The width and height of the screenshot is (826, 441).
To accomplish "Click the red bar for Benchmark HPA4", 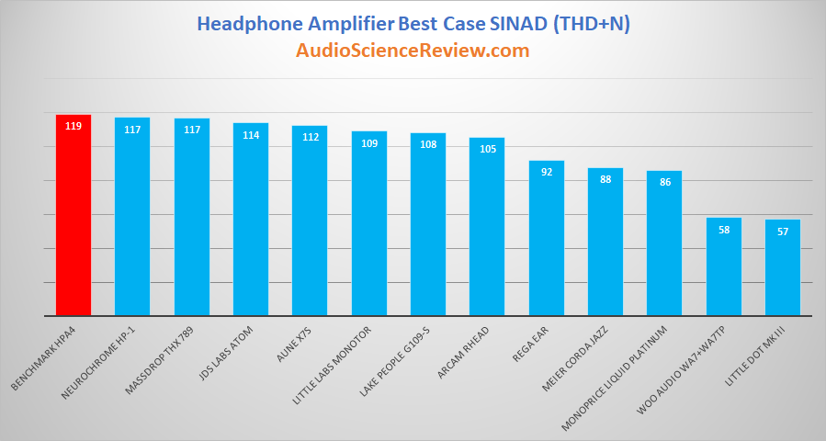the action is [x=74, y=215].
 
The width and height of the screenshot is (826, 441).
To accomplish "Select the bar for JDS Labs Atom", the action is [x=251, y=220].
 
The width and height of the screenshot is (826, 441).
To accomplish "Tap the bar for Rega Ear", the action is [x=547, y=238].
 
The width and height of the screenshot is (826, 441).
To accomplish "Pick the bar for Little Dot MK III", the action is [x=783, y=267].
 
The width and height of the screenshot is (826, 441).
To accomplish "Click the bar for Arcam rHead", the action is [x=487, y=227].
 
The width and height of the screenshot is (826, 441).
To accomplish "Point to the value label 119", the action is [x=74, y=127].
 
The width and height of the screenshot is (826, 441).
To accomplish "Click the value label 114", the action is [x=251, y=135].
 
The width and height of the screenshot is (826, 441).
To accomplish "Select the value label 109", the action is [x=369, y=143].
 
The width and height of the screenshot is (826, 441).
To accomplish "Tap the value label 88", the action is [x=605, y=180].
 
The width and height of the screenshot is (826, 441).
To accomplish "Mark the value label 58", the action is [x=724, y=230].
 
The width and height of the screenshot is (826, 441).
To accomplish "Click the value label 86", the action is [x=665, y=182].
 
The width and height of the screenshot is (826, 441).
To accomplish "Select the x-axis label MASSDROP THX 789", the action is [x=159, y=360].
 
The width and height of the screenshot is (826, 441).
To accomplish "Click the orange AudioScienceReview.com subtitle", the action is [x=413, y=51].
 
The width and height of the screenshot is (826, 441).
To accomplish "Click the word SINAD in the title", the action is [x=515, y=24].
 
